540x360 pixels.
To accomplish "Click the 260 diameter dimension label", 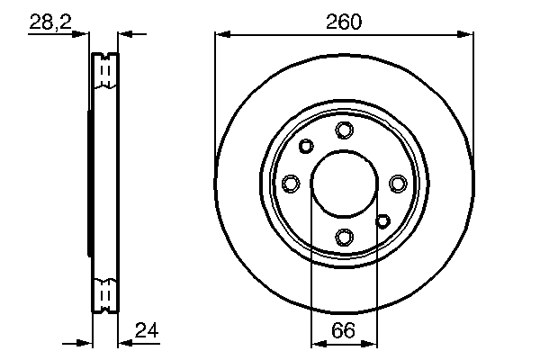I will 344,22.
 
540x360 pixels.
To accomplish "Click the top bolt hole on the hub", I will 344,130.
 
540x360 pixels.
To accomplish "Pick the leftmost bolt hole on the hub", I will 291,184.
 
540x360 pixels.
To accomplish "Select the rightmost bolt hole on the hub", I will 397,184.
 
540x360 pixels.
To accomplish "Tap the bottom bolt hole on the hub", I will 344,237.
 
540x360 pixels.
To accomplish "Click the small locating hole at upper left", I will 306,146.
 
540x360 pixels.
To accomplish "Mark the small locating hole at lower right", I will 382,220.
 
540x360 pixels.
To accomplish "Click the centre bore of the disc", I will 344,184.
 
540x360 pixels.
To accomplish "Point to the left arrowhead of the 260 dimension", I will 221,35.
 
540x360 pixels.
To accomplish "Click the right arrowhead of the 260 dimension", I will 467,35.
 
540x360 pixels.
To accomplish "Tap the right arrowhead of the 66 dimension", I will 371,343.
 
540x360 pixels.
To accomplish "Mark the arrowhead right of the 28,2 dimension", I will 125,35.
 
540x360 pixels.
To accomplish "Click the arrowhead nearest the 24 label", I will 125,343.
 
